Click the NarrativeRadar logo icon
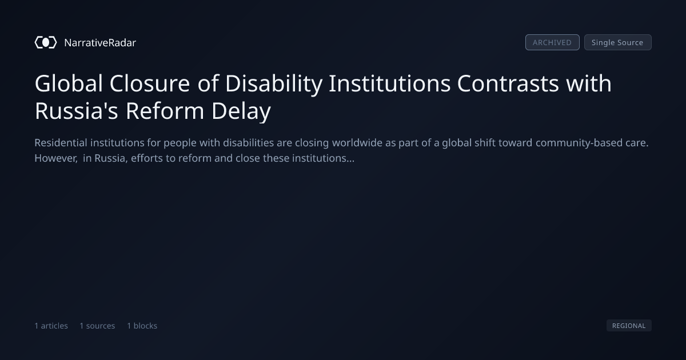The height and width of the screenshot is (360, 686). (46, 42)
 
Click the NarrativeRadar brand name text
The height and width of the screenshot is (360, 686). (100, 43)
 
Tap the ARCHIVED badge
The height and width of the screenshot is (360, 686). (552, 42)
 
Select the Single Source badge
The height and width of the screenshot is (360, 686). (618, 42)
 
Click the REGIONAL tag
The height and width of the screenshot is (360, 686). (629, 325)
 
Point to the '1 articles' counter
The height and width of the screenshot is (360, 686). (51, 326)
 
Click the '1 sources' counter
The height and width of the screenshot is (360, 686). (97, 326)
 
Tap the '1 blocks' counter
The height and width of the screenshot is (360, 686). (142, 326)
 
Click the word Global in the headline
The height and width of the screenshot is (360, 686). (69, 83)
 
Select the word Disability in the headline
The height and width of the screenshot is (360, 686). (274, 83)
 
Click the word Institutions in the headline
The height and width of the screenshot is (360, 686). (389, 83)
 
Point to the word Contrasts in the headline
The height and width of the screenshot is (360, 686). (508, 83)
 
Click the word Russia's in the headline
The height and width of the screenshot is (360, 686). (76, 110)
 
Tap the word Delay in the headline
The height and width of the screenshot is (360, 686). (241, 111)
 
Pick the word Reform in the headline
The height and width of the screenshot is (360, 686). (165, 110)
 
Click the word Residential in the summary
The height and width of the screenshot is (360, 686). (61, 143)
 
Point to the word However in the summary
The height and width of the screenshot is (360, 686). (56, 158)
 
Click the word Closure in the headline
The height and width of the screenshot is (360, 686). (150, 83)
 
